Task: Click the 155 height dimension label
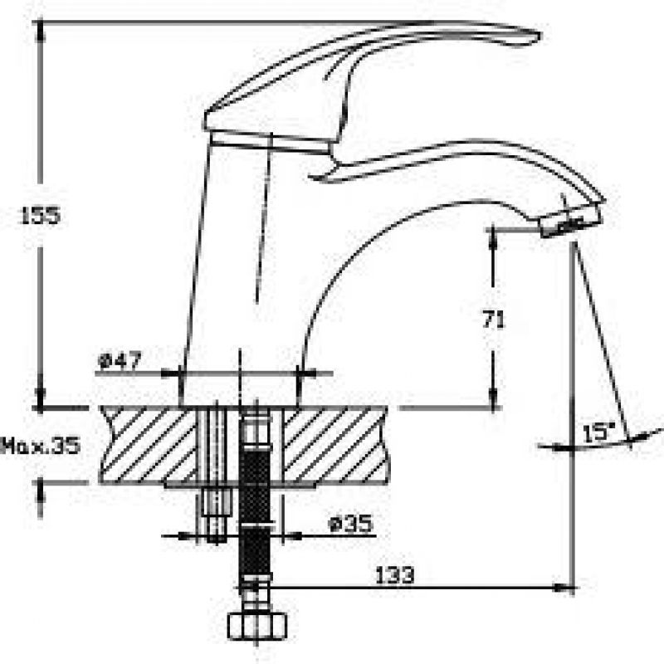41,215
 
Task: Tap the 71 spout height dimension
493,320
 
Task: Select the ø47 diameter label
119,360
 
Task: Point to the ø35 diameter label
350,524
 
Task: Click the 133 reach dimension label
395,575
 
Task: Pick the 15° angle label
598,432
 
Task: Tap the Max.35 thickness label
40,446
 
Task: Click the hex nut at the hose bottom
256,626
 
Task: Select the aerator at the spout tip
570,220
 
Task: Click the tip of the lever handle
539,37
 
